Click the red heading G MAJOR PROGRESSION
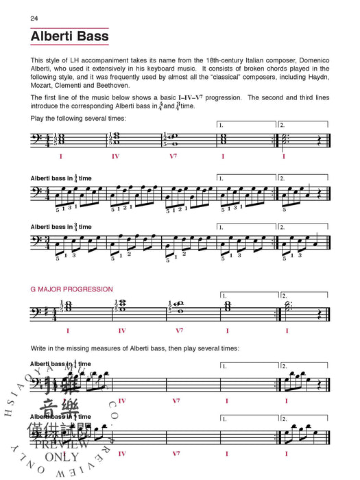72,289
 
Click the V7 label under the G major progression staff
179,331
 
